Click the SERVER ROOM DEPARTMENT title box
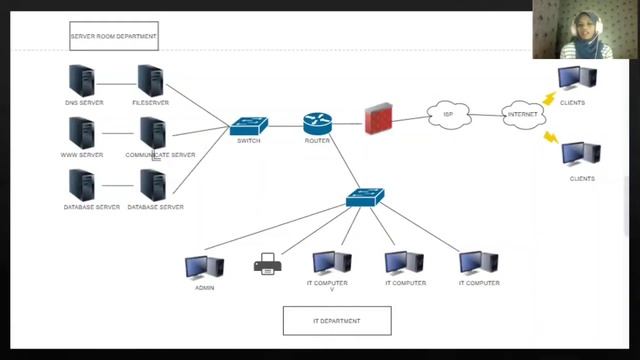[x=113, y=37]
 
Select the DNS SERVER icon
[x=80, y=80]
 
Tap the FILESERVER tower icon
[x=150, y=80]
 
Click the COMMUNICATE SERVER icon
[x=152, y=133]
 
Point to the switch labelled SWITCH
[x=248, y=126]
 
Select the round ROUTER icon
[x=317, y=124]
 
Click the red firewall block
[x=378, y=117]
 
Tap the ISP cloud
[x=448, y=115]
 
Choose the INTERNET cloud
[x=522, y=114]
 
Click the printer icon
[x=266, y=266]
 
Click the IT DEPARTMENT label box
[x=337, y=321]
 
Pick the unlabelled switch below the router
[x=365, y=197]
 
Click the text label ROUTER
[x=317, y=141]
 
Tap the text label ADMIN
[x=204, y=288]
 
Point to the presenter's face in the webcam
[x=583, y=27]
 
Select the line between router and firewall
[x=347, y=123]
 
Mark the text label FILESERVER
[x=150, y=102]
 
